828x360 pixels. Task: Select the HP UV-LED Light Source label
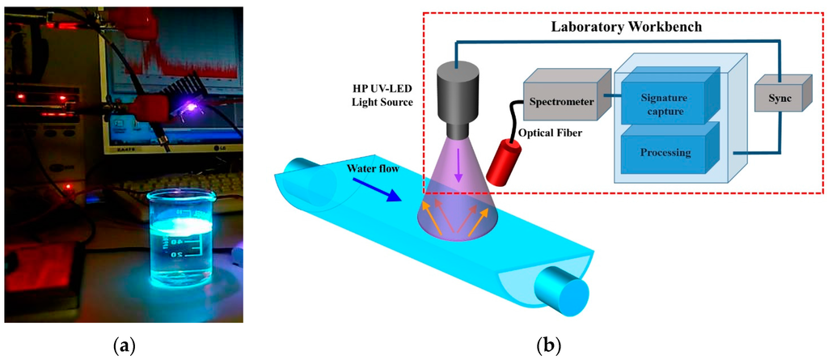(382, 94)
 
